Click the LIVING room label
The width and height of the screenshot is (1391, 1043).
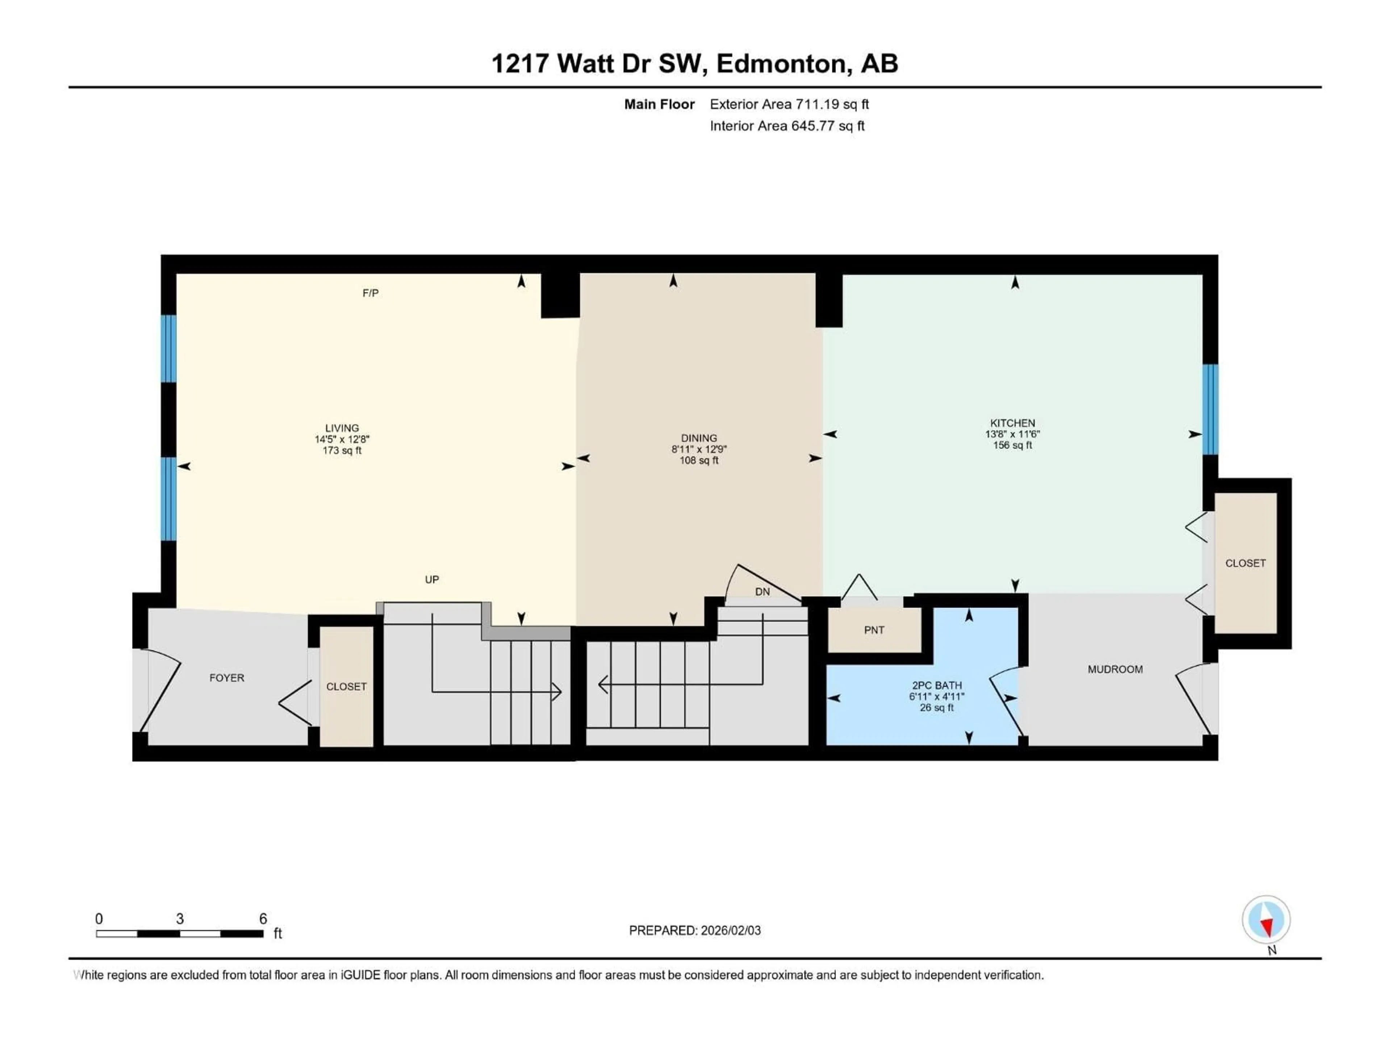click(x=342, y=428)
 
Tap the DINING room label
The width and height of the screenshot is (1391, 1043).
click(x=699, y=438)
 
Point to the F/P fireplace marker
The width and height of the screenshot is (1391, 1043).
click(x=370, y=293)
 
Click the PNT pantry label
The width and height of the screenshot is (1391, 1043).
click(x=874, y=630)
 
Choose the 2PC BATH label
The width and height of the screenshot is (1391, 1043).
click(x=936, y=685)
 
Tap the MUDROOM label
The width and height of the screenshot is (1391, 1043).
click(x=1115, y=670)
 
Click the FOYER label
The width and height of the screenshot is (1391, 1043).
click(x=226, y=678)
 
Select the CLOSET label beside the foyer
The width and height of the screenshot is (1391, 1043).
click(x=346, y=687)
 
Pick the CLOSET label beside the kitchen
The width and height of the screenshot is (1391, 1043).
click(x=1245, y=563)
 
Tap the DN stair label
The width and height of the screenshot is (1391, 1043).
click(x=762, y=592)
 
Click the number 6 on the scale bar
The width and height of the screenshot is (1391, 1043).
click(x=263, y=918)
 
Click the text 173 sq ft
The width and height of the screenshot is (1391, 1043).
click(x=342, y=451)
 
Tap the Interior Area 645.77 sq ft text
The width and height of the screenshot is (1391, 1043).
click(x=787, y=126)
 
